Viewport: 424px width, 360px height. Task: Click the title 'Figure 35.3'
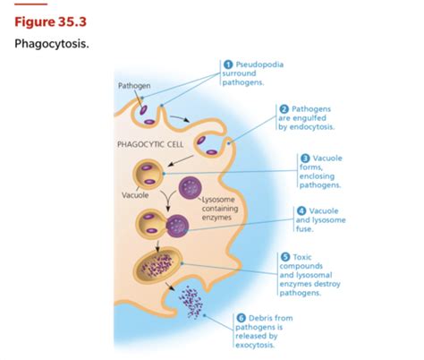pyautogui.click(x=50, y=21)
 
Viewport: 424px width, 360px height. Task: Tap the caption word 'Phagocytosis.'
pyautogui.click(x=52, y=44)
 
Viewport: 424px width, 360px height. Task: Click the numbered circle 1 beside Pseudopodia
pyautogui.click(x=228, y=64)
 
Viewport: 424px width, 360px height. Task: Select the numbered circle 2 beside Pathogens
pyautogui.click(x=284, y=109)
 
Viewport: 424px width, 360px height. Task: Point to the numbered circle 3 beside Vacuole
pyautogui.click(x=305, y=159)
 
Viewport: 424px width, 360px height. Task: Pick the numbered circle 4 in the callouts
pyautogui.click(x=301, y=211)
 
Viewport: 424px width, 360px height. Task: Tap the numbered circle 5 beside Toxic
pyautogui.click(x=285, y=257)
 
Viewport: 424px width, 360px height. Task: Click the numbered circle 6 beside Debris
pyautogui.click(x=241, y=318)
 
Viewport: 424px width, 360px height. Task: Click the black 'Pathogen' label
pyautogui.click(x=134, y=86)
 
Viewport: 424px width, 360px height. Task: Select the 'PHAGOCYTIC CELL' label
pyautogui.click(x=150, y=144)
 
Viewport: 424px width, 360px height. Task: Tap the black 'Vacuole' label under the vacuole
pyautogui.click(x=135, y=195)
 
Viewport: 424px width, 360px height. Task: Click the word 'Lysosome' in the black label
pyautogui.click(x=218, y=200)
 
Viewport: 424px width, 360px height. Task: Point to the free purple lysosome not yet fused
pyautogui.click(x=190, y=188)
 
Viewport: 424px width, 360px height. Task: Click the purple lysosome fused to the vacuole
pyautogui.click(x=177, y=226)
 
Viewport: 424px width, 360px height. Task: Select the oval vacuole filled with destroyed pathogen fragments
pyautogui.click(x=157, y=265)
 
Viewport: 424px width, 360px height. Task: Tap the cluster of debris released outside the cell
pyautogui.click(x=191, y=303)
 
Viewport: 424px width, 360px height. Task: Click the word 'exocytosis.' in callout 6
pyautogui.click(x=255, y=345)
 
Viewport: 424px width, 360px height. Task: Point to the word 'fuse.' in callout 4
pyautogui.click(x=304, y=229)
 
